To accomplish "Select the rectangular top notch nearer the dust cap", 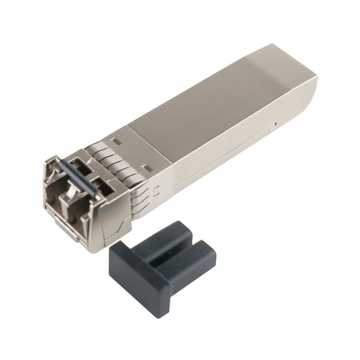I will (146, 167).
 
